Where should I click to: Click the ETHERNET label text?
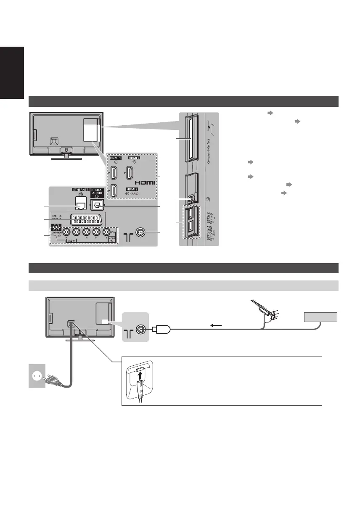75,190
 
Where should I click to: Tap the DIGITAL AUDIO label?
98,192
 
